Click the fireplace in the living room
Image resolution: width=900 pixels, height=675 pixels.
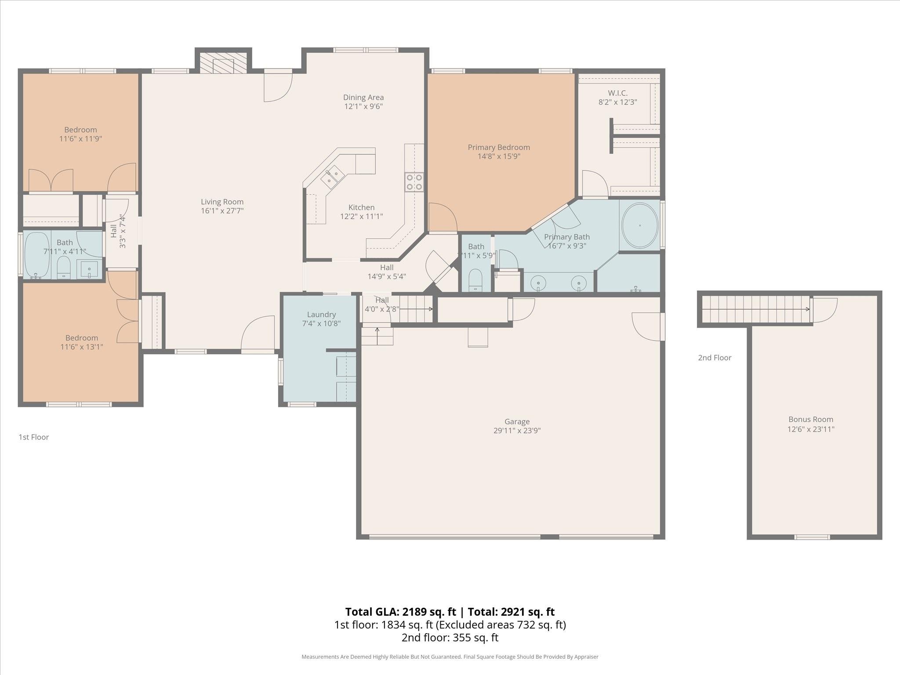point(223,63)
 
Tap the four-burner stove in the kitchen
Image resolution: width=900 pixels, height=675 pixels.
point(414,182)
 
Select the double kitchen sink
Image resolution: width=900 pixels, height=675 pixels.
point(332,177)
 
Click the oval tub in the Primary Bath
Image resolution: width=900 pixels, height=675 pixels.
point(640,225)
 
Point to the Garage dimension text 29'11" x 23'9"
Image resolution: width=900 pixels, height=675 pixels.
point(517,431)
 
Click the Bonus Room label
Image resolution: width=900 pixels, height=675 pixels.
point(810,419)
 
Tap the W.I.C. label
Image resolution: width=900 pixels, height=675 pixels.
point(617,93)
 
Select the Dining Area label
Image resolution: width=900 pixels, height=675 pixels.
point(363,98)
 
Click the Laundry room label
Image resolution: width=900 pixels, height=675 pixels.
point(321,315)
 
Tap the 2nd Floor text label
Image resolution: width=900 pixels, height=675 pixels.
point(715,358)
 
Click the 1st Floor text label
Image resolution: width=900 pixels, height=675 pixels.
point(34,437)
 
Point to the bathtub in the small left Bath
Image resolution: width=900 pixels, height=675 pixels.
point(37,254)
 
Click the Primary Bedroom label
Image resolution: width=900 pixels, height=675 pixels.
point(499,147)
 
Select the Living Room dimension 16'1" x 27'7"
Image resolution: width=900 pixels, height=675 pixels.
point(222,210)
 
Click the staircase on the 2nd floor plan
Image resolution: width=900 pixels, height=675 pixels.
point(755,309)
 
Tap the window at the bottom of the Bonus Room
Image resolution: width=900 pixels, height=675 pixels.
point(812,537)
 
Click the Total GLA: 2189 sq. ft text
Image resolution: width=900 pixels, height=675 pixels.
point(400,612)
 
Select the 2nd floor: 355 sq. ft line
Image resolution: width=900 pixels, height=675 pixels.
point(450,638)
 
